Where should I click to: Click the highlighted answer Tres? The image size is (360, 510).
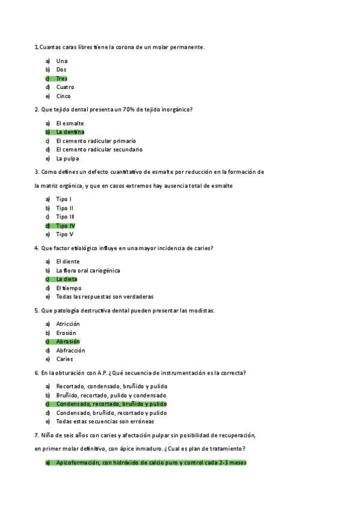pos(61,78)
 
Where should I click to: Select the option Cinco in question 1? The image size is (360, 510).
pos(63,96)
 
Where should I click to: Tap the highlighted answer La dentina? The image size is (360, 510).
pos(70,132)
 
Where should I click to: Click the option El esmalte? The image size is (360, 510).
pos(70,123)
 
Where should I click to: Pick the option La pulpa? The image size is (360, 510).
pos(67,159)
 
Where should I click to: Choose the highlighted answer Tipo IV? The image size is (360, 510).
pos(66,226)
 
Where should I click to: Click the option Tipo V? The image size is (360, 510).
pos(64,235)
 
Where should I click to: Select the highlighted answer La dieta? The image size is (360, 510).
pos(66,279)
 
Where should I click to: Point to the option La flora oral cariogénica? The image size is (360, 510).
pos(88,271)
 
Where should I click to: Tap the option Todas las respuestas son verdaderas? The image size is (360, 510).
pos(105,296)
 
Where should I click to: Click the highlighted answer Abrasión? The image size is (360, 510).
pos(67,342)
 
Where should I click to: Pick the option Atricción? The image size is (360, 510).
pos(67,324)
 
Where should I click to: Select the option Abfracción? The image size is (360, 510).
pos(70,351)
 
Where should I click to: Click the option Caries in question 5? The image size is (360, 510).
pos(64,359)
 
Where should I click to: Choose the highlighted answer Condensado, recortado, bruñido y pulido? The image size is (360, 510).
pos(111,404)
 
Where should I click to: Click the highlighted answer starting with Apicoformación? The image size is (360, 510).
pos(151,462)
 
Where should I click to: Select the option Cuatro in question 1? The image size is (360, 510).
pos(65,87)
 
